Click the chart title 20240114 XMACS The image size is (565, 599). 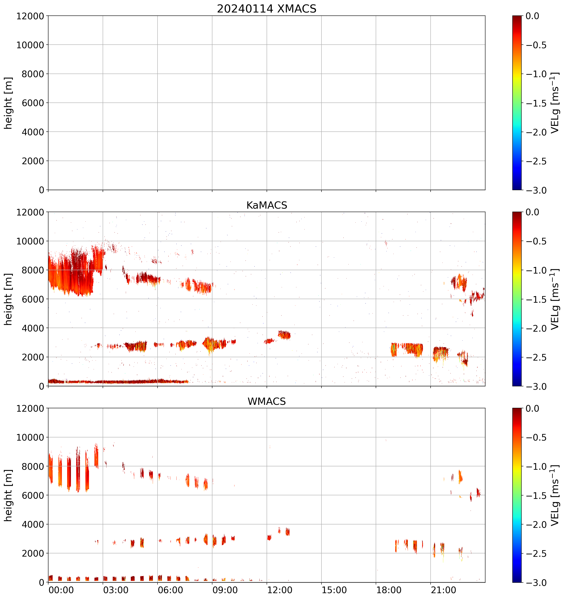(x=267, y=9)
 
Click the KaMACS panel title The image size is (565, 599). (x=267, y=205)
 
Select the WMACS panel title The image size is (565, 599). (x=267, y=401)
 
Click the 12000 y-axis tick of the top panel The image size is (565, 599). (x=30, y=16)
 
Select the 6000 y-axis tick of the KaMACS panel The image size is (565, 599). (x=33, y=299)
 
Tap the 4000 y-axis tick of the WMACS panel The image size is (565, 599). (x=33, y=524)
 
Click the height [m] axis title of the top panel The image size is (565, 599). (x=8, y=103)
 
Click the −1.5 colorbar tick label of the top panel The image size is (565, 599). (x=536, y=103)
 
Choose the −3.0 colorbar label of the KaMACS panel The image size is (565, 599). (x=536, y=386)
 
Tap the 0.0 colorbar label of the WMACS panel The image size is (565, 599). (x=532, y=409)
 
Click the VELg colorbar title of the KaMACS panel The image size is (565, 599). (x=555, y=299)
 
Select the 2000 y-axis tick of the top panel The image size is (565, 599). (x=33, y=161)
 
